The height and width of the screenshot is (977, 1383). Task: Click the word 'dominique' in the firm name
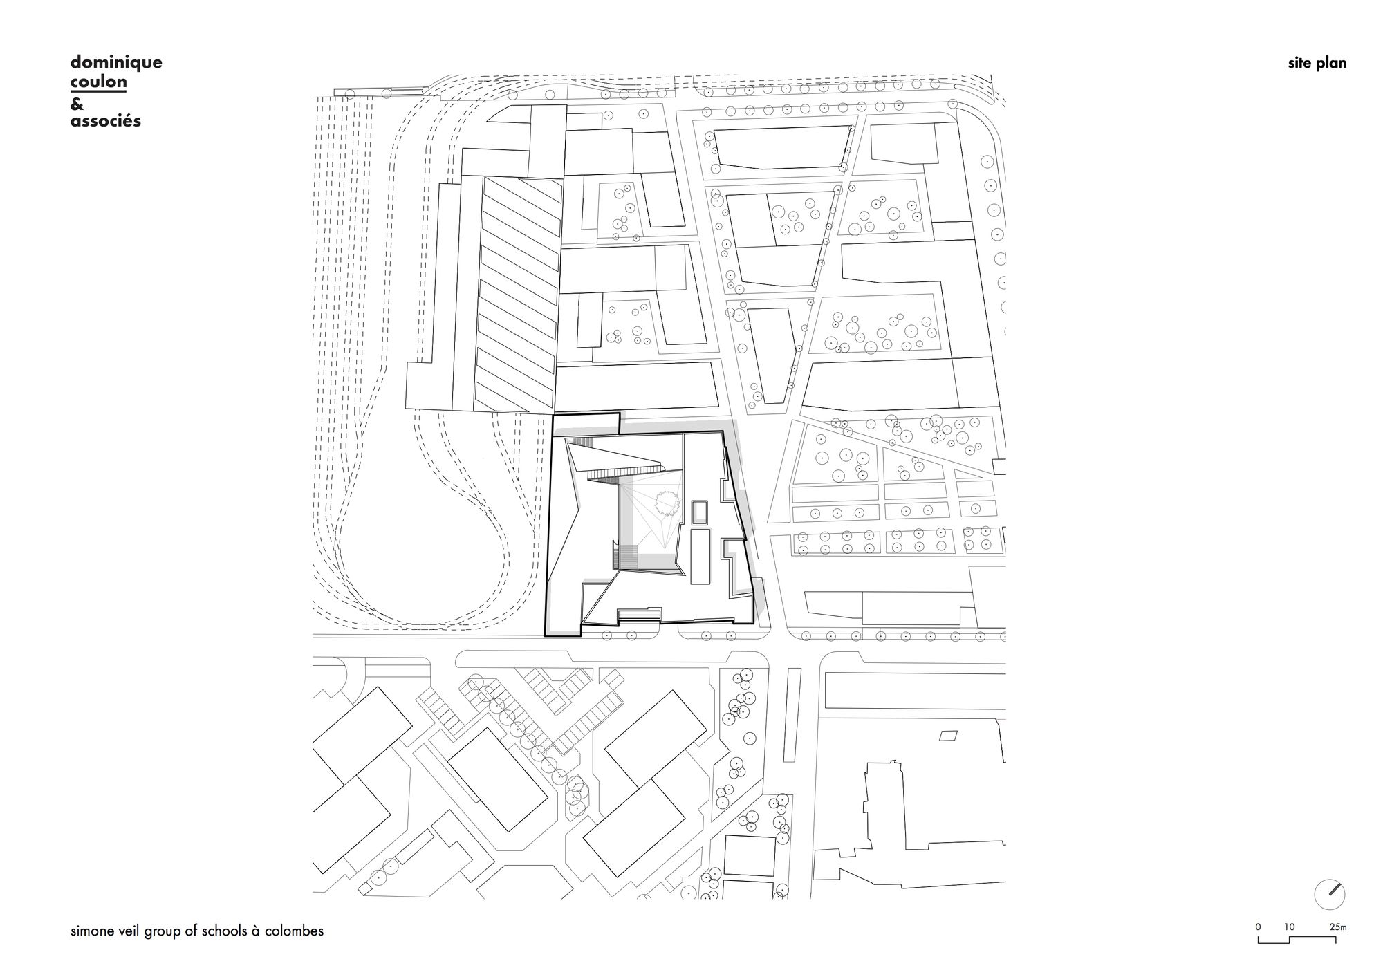(116, 63)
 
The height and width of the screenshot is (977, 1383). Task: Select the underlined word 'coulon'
(98, 82)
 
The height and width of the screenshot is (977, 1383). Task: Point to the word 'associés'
(106, 121)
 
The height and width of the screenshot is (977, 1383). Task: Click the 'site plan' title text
(1317, 64)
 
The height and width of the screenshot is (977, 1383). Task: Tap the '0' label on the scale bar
(1259, 927)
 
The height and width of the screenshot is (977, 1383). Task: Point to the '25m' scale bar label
(1337, 927)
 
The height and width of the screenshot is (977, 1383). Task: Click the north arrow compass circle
(1330, 894)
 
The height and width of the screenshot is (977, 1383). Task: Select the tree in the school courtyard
(667, 503)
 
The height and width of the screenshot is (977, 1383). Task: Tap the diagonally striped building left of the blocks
(519, 292)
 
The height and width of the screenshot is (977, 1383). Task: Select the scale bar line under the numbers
(1302, 939)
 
